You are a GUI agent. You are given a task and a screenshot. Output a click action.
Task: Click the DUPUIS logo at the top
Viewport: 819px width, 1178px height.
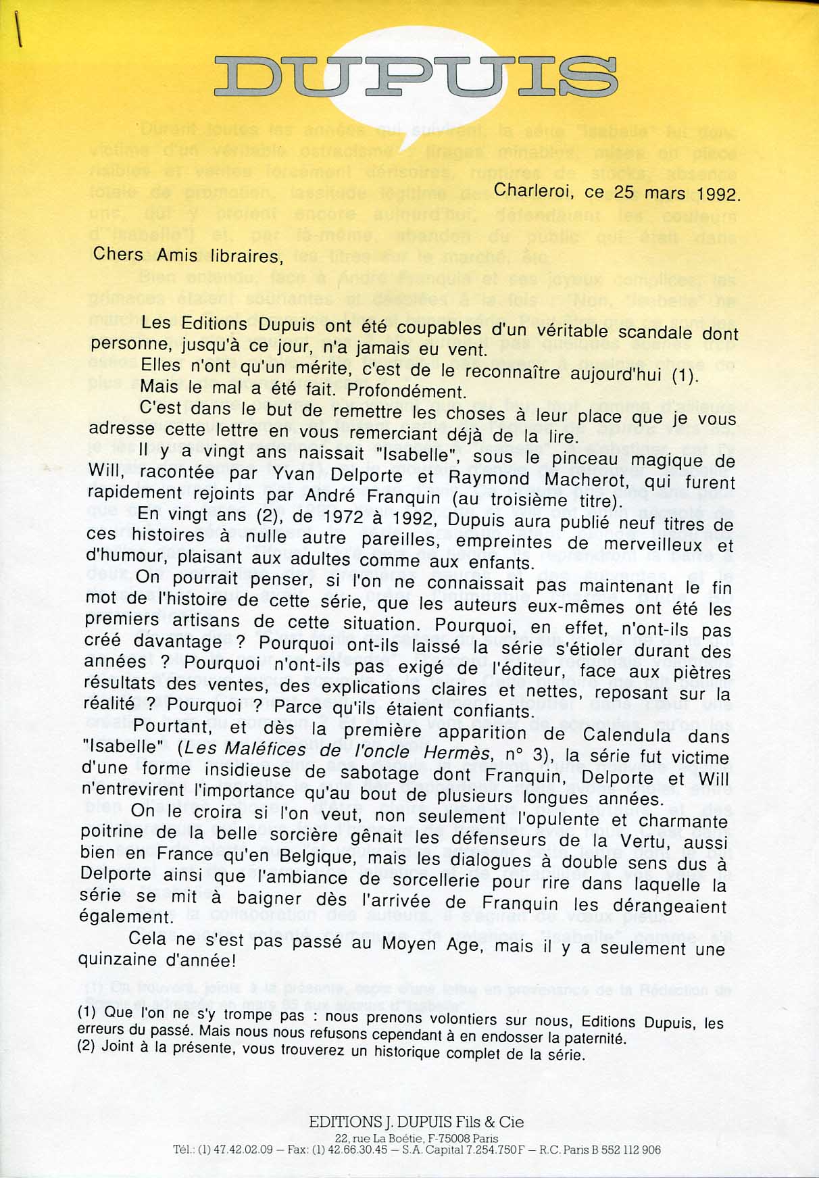point(415,75)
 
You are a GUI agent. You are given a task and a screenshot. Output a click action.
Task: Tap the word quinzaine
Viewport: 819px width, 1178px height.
point(119,958)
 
